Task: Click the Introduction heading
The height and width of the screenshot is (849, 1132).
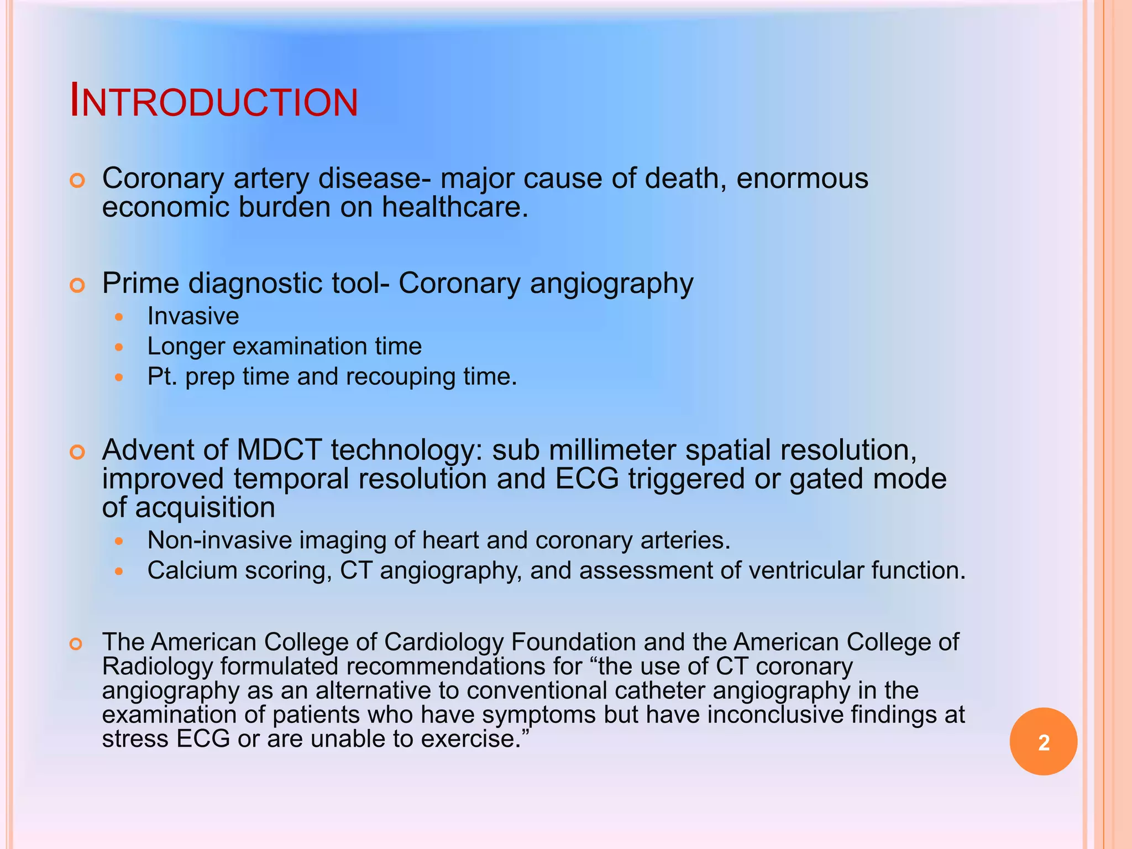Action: [x=214, y=102]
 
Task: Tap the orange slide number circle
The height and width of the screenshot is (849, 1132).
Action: [x=1043, y=742]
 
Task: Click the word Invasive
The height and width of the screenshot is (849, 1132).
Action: [x=193, y=316]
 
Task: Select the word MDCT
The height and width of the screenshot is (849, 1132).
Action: [x=279, y=450]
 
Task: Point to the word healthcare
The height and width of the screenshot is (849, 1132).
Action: [x=454, y=207]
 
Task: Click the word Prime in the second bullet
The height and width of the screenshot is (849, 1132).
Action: [x=140, y=284]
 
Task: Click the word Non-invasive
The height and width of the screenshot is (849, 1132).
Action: [x=219, y=540]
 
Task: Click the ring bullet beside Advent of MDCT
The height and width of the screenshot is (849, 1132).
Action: [x=77, y=453]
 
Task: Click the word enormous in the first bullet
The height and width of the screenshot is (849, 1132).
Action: [x=802, y=179]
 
